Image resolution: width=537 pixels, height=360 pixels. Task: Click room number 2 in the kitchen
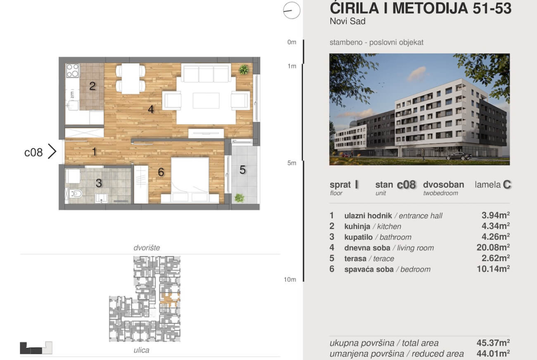92,86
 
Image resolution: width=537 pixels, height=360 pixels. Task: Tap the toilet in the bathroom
76,194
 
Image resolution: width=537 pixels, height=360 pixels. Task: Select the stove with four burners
72,71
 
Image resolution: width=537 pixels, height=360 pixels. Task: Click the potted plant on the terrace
240,198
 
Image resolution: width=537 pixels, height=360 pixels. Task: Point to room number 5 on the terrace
242,170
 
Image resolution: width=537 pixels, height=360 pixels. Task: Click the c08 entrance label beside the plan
34,152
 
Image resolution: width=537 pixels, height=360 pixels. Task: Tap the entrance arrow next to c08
52,151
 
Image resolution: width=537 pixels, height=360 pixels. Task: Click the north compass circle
292,10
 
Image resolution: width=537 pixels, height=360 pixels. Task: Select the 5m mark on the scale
292,163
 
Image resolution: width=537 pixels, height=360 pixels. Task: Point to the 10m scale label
290,280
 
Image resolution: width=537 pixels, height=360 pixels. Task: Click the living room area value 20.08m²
493,248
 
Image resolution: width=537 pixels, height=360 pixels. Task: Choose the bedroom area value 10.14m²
493,269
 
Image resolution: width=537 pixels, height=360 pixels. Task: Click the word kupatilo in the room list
358,237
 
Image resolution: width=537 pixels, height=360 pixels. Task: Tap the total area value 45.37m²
493,343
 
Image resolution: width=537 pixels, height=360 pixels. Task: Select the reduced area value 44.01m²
493,353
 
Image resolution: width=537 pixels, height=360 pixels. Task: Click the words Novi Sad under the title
347,21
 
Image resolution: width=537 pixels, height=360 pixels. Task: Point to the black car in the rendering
459,156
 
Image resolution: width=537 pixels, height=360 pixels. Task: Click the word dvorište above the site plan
146,248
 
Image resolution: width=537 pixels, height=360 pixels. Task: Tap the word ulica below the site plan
141,350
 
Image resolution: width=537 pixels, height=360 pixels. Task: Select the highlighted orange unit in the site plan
170,299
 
